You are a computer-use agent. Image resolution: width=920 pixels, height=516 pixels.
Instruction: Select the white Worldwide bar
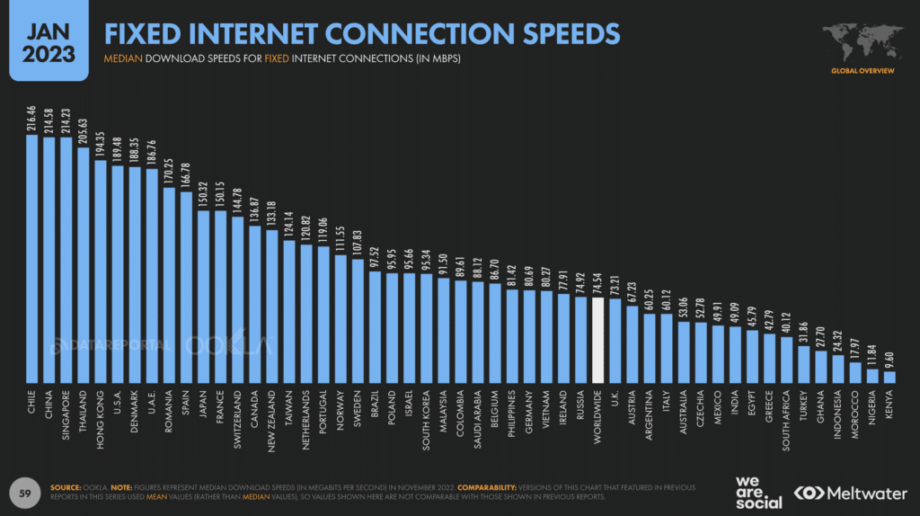coord(597,337)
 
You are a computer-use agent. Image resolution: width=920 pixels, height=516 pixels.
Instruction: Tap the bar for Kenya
coord(889,378)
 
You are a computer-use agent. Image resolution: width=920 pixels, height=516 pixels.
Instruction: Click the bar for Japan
coord(203,297)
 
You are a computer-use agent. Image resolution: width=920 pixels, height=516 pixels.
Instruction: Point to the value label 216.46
coord(32,119)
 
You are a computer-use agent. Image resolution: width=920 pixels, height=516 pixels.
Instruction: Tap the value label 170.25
coord(169,171)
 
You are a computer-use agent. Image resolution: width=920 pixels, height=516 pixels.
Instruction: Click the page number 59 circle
coord(26,492)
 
